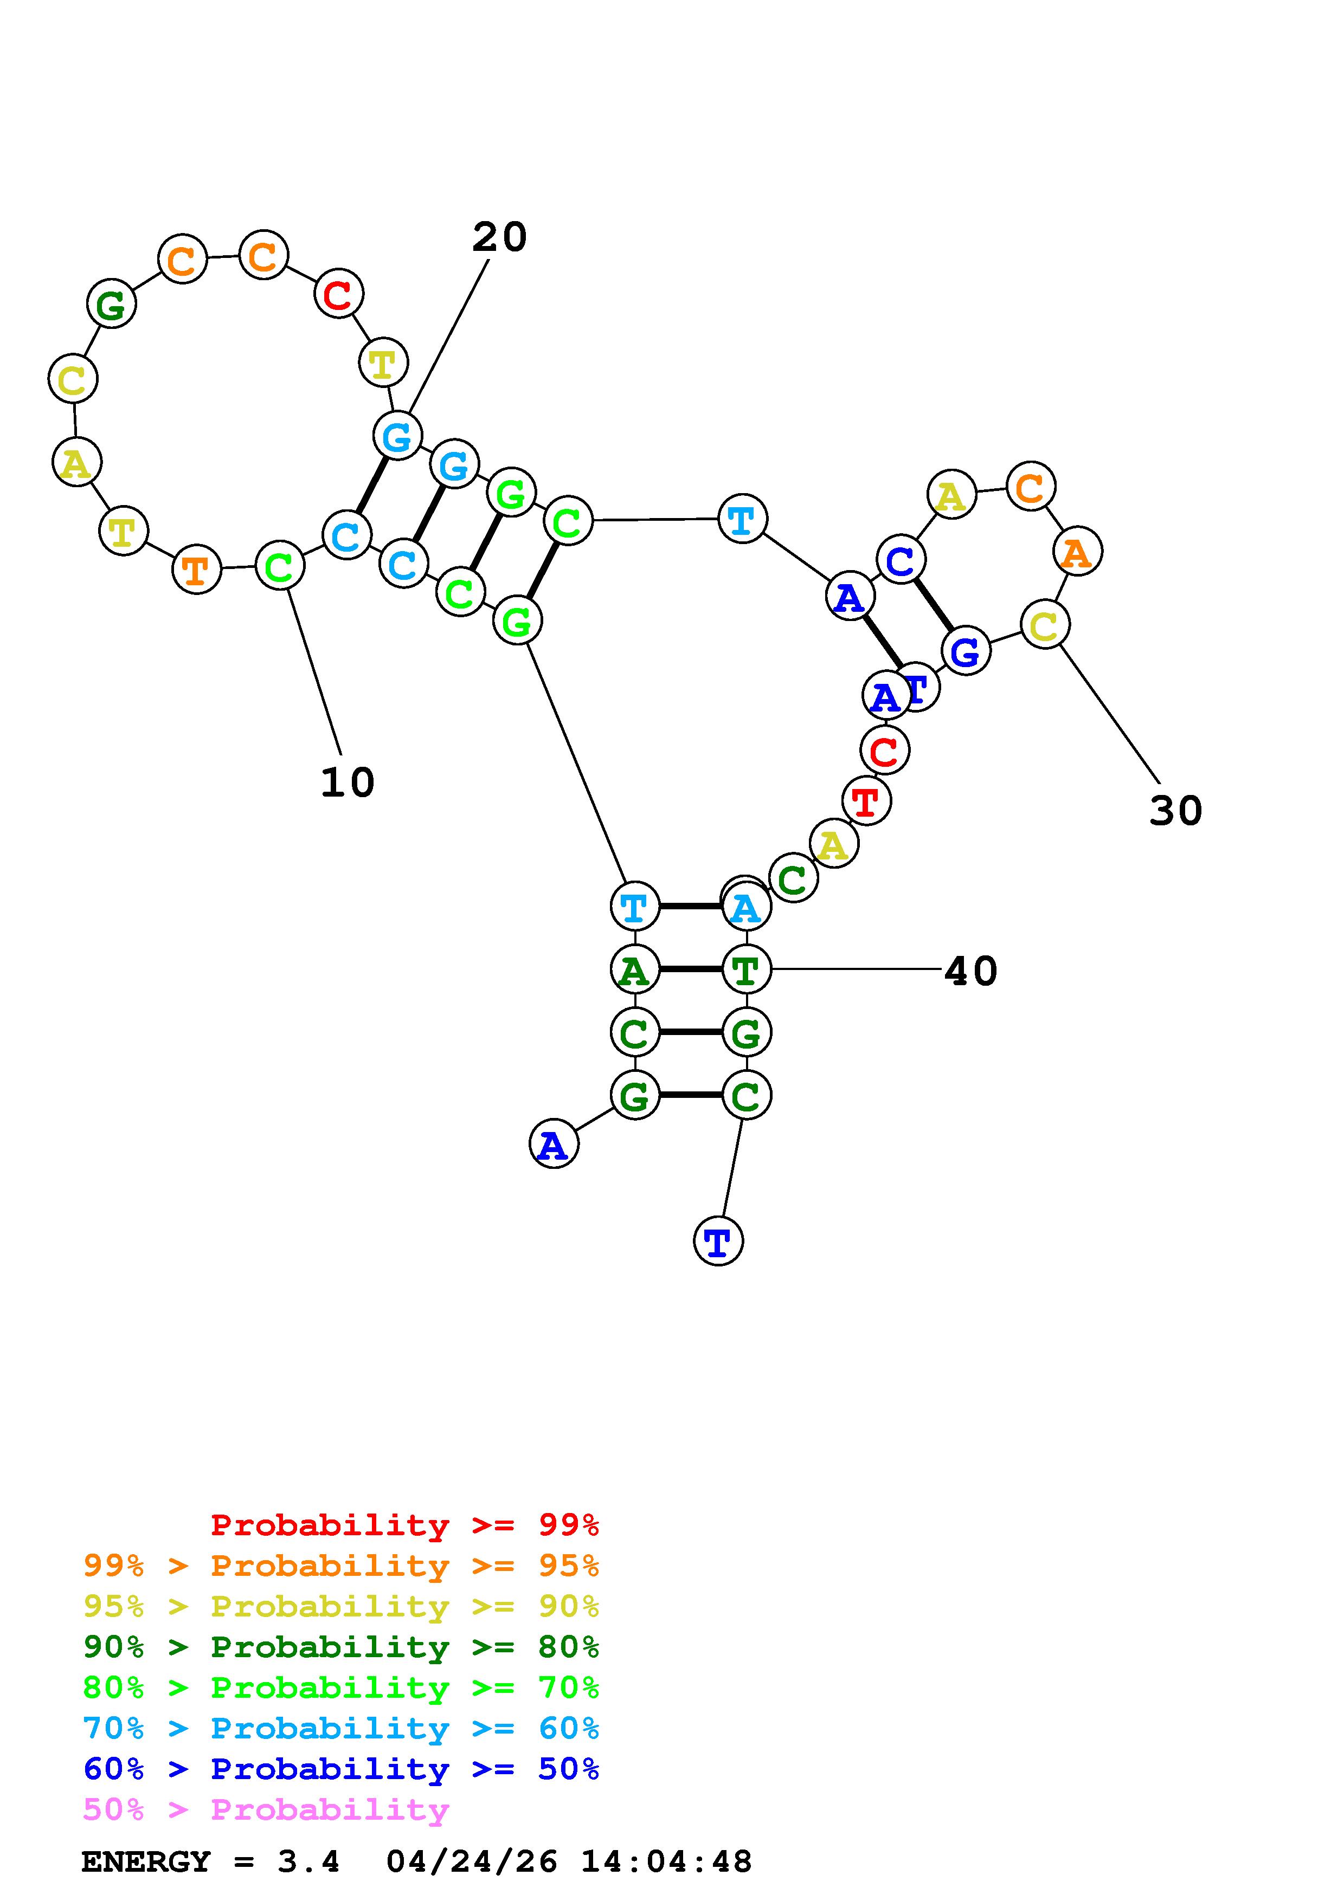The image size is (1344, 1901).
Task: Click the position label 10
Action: pos(347,783)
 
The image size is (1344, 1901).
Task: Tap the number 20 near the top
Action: pos(499,237)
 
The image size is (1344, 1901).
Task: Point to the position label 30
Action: pos(1175,811)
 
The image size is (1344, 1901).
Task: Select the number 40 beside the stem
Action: pos(970,971)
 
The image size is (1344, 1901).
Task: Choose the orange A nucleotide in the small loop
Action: pos(1077,552)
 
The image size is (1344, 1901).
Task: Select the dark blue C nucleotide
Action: pos(900,560)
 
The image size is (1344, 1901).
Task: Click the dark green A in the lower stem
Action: pos(634,969)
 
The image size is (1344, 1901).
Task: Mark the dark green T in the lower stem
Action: pos(746,969)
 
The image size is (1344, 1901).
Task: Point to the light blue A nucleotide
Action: pos(746,908)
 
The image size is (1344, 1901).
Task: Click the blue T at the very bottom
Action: pos(718,1241)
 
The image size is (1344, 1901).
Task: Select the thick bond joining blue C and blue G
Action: pos(933,606)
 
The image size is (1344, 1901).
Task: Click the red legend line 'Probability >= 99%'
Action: pos(405,1525)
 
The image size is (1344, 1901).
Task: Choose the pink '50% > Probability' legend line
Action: pos(266,1810)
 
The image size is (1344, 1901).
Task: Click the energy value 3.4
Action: pos(308,1862)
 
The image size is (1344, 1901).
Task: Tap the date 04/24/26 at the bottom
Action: pos(472,1862)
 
